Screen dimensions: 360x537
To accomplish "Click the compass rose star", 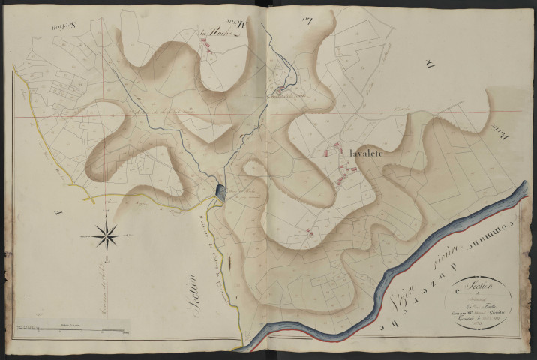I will (x=108, y=236).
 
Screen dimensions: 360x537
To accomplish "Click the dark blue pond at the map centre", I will (x=220, y=193).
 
